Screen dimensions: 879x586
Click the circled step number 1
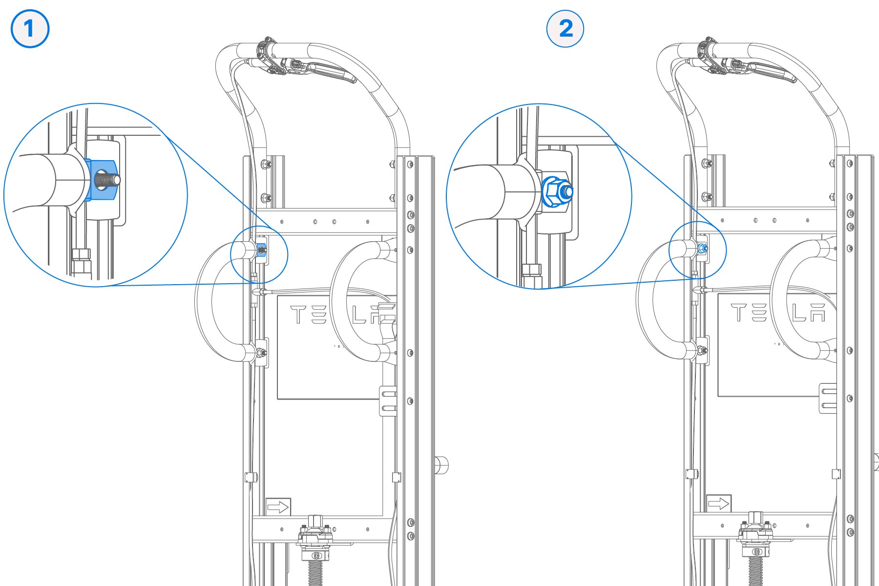point(30,29)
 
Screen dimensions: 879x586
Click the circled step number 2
point(565,28)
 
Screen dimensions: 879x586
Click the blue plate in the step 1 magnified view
point(101,180)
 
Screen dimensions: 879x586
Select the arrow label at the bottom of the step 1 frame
point(278,507)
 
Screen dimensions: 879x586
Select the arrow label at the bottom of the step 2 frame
point(719,503)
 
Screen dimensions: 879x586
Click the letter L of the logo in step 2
point(799,313)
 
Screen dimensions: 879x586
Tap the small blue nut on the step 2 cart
point(702,249)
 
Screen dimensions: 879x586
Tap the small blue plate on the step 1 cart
point(261,250)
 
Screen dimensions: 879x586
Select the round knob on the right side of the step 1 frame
point(441,465)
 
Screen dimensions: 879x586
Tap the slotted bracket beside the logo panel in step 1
point(388,401)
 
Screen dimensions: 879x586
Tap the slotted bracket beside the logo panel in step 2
point(828,398)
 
